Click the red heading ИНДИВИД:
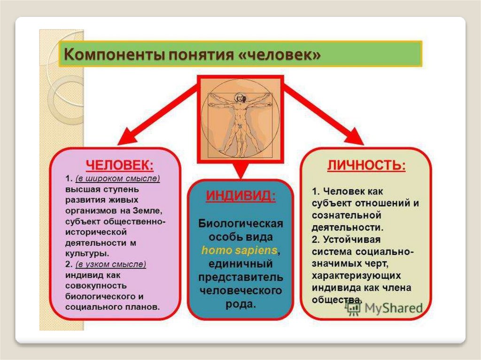(x=240, y=196)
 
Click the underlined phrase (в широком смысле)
(x=117, y=178)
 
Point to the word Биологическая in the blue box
(x=240, y=223)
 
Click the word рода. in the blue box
(x=240, y=304)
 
